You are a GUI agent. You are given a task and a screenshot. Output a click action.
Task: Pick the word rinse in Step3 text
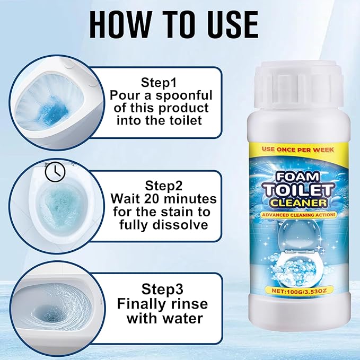tap(189, 304)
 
